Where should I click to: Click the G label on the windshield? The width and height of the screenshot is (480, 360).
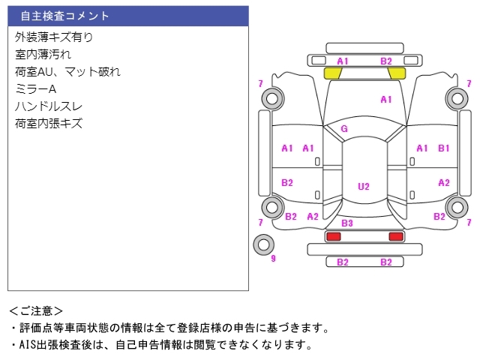pos(344,128)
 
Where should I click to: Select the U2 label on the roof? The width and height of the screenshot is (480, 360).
pos(364,186)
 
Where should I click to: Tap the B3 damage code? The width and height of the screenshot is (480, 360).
pos(347,223)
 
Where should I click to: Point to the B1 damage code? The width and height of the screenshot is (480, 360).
pos(444,148)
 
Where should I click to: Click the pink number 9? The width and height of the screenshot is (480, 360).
pos(273,259)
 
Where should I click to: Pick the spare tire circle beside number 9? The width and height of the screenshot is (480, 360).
pos(263,244)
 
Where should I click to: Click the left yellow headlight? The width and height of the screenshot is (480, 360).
pos(332,73)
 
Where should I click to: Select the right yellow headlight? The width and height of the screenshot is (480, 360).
pos(397,73)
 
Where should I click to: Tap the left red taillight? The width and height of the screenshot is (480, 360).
pos(333,236)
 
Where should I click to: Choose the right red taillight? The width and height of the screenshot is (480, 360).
pos(395,236)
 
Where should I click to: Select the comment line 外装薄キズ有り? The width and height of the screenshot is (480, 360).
pos(54,37)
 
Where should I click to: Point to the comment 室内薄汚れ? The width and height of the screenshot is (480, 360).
pos(43,54)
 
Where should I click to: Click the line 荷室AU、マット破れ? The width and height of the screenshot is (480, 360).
pos(67,71)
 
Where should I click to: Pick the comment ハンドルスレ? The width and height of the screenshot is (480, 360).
pos(49,106)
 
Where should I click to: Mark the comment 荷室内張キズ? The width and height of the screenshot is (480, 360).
pos(49,123)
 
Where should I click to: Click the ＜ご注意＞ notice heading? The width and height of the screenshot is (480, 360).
pos(37,310)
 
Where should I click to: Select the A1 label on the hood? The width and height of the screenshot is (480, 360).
pos(386,99)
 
